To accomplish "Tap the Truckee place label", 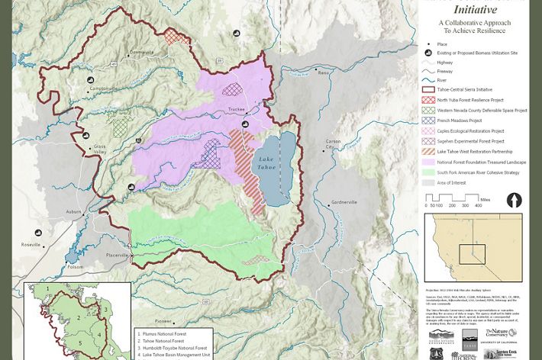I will click(237, 110).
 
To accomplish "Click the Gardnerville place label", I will click(344, 202).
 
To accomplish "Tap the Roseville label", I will click(31, 244).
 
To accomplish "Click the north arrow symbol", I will click(515, 200).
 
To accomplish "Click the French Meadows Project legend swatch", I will click(429, 120).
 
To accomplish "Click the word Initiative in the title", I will click(475, 10).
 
